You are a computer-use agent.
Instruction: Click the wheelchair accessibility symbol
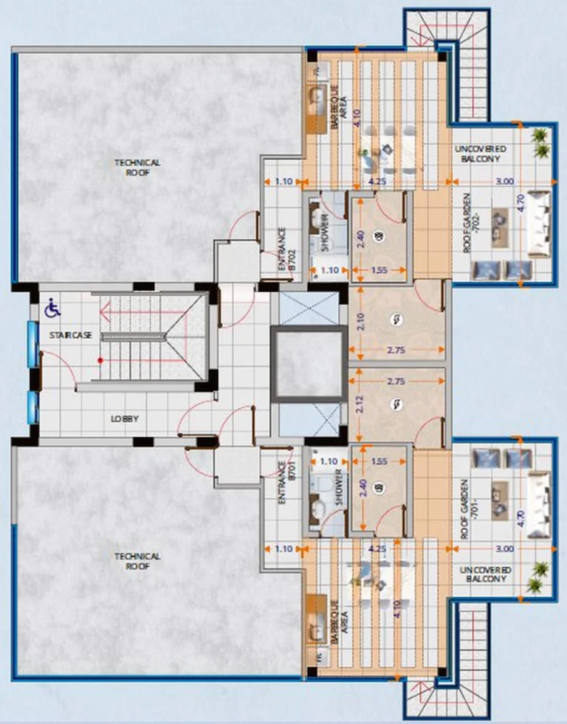[52, 307]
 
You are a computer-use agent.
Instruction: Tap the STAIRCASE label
[71, 335]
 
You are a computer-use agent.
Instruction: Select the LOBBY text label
[125, 418]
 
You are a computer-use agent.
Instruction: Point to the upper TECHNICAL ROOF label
[137, 167]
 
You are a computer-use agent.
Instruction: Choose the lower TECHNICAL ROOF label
[137, 561]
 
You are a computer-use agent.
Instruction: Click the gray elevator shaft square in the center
[308, 365]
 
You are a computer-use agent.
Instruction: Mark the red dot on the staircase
[100, 360]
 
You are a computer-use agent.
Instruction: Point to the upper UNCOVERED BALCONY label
[482, 154]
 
